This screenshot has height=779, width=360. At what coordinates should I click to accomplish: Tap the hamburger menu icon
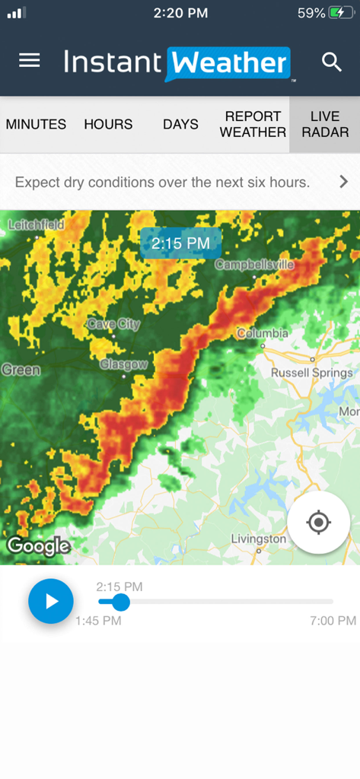coord(30,61)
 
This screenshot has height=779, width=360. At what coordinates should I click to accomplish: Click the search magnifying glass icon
coord(332,62)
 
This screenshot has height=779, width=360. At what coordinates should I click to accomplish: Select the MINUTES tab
coord(36,124)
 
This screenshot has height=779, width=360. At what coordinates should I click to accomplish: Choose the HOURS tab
coord(108,124)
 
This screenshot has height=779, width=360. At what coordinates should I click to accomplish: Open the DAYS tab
coord(180,124)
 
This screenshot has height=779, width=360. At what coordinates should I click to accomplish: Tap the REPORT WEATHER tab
coord(253,124)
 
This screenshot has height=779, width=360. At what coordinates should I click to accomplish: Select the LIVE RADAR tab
coord(325,124)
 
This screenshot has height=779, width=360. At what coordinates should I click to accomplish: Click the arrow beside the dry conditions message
coord(343,182)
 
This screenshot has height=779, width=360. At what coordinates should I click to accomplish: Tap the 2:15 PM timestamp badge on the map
coord(180,243)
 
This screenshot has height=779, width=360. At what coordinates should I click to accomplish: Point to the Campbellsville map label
coord(254,265)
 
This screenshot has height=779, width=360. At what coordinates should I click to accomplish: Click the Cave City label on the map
coord(113,324)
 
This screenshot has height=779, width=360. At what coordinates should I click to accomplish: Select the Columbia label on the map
coord(263,333)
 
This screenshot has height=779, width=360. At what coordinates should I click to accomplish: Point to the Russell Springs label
coord(312,373)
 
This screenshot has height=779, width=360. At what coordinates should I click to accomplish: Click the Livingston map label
coord(259,539)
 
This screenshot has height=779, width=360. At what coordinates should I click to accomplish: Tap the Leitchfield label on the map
coord(37,224)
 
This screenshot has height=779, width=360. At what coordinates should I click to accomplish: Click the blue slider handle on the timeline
coord(120,602)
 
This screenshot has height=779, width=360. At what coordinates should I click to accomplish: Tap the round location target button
coord(318,522)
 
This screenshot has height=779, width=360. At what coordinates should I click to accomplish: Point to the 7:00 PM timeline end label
coord(333,621)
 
